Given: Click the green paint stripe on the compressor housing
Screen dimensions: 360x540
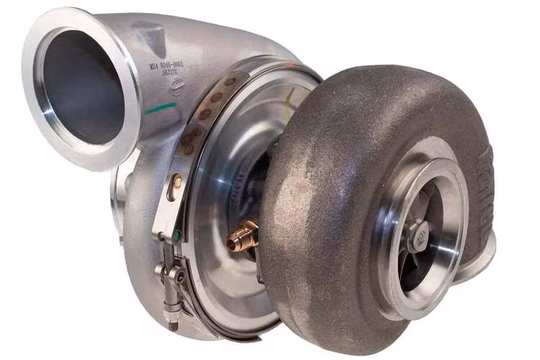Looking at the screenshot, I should point(160,109).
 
